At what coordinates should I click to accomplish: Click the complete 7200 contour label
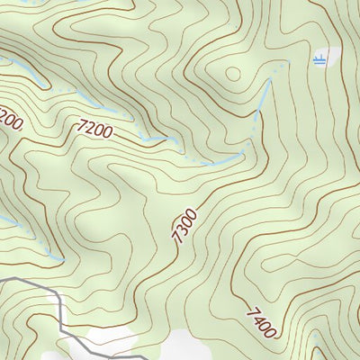coord(94,130)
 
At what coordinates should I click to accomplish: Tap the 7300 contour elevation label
coord(183,225)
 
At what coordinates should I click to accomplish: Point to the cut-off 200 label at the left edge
coord(9,117)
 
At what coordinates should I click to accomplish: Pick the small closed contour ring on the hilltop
coord(233,74)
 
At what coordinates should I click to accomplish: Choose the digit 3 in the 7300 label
coord(181,229)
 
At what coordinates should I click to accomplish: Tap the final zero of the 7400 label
coord(268,331)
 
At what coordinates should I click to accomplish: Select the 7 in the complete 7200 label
coord(82,127)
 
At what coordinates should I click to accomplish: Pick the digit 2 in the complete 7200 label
coord(90,129)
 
